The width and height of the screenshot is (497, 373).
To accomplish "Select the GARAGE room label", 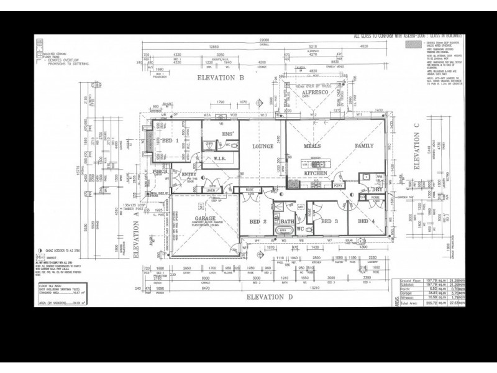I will [204, 219].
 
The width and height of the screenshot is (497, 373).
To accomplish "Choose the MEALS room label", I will [312, 146].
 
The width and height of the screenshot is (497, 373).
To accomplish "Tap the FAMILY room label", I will [364, 146].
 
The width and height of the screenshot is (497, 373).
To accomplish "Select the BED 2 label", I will [258, 221].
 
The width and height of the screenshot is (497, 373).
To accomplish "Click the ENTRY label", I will [188, 175].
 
